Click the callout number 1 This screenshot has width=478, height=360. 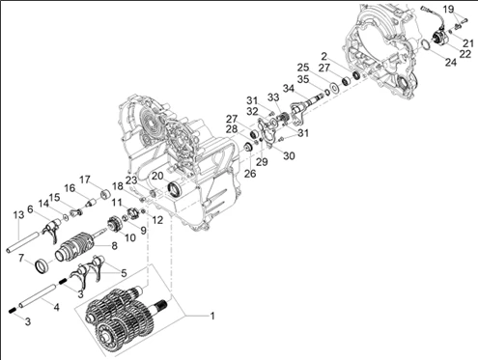212,316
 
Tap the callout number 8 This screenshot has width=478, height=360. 114,246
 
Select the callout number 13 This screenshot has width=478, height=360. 18,215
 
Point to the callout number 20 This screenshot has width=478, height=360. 157,176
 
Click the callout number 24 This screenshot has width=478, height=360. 451,62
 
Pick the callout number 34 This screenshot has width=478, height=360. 289,88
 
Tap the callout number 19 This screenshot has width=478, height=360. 448,9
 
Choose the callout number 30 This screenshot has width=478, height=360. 289,155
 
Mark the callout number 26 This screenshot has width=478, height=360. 250,174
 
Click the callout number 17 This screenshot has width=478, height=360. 85,180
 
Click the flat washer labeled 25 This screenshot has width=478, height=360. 334,88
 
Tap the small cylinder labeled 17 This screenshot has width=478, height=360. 105,194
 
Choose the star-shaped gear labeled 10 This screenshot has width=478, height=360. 113,224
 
